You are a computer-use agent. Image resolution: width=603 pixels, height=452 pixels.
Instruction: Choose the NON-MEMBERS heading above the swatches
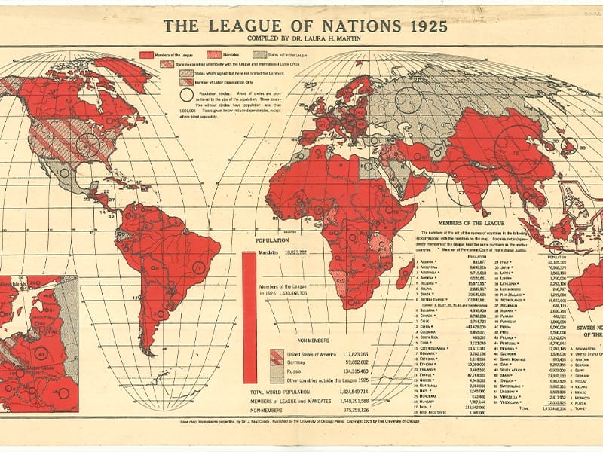pyautogui.click(x=300, y=341)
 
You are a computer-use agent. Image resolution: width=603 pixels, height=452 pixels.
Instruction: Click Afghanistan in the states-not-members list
pyautogui.click(x=588, y=349)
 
